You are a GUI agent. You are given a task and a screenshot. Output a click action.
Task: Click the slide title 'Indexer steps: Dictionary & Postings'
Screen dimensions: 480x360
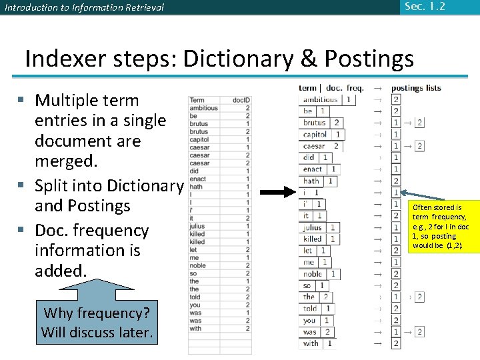click(219, 59)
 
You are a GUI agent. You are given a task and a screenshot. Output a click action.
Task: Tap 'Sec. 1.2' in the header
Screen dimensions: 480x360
click(423, 7)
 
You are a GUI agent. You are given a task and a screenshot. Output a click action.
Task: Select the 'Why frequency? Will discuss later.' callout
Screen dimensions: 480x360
click(97, 323)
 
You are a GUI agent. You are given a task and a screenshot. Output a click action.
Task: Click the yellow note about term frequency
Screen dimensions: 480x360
click(439, 227)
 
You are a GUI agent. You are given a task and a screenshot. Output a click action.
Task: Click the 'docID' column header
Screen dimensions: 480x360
click(241, 100)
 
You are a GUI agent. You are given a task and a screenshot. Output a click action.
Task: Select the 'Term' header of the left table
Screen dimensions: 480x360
click(197, 100)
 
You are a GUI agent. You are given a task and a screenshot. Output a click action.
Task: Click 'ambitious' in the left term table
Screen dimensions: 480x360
click(203, 108)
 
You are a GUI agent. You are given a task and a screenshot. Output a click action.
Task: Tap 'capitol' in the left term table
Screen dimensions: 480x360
click(199, 139)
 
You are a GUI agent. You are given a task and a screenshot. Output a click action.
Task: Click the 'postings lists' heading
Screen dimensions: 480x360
click(415, 88)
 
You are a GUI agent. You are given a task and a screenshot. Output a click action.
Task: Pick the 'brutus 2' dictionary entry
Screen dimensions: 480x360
click(323, 123)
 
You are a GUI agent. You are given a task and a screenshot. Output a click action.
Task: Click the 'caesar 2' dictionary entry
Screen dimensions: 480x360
click(323, 146)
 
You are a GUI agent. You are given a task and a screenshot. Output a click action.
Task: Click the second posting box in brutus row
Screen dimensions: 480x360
click(419, 123)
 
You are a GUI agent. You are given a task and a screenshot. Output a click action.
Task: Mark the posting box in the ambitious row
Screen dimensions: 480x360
click(396, 99)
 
